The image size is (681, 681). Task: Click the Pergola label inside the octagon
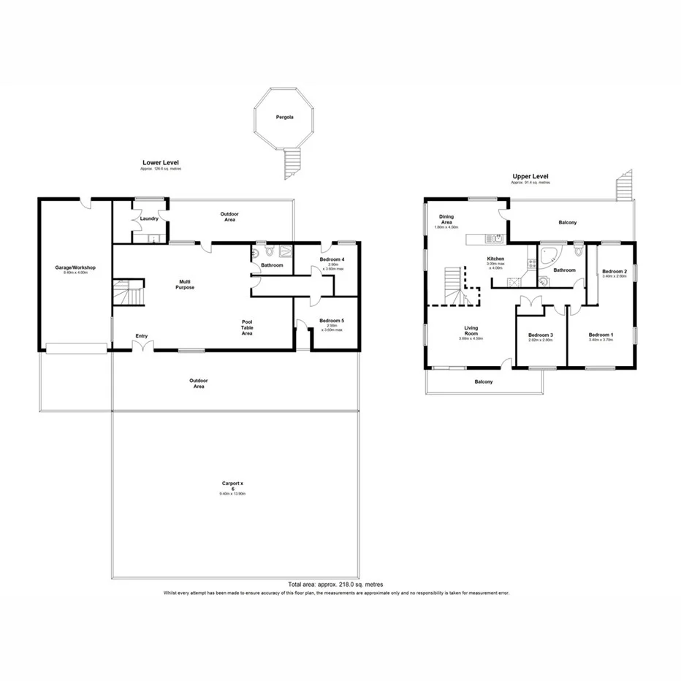point(284,117)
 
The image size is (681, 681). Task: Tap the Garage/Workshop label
point(76,268)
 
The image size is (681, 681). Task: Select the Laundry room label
point(149,218)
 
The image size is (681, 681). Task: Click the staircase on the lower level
point(129,296)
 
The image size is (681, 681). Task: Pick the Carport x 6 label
point(234,487)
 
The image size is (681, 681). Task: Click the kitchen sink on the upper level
point(497,238)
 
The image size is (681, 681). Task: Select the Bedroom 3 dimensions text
point(541,340)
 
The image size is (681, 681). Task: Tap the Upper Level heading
point(530,176)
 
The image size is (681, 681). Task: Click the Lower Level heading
point(161,163)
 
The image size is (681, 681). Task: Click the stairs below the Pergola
point(292,161)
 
